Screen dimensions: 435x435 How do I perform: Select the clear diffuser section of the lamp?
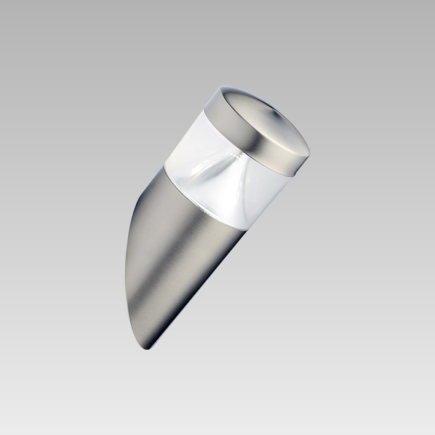(217, 174)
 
